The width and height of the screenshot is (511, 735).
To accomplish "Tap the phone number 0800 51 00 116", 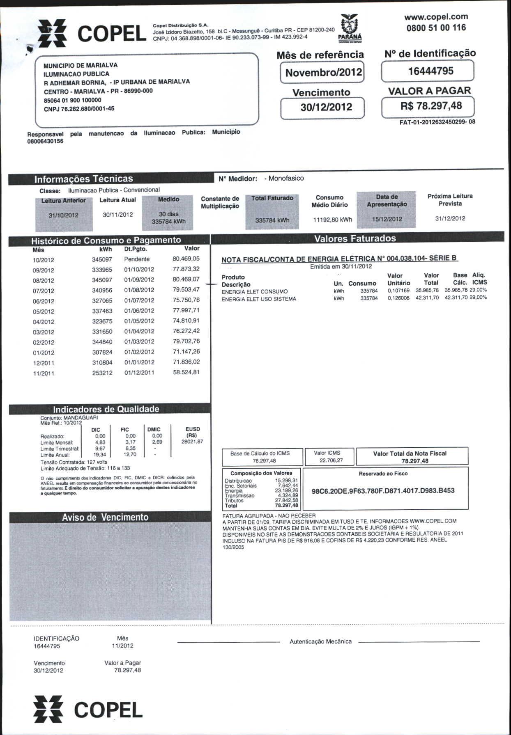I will click(x=436, y=28).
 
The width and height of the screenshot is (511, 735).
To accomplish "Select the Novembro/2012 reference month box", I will click(x=323, y=73).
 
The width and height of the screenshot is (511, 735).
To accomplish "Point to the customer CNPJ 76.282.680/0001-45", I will click(x=79, y=109).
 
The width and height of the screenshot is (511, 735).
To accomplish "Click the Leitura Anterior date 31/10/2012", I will click(x=63, y=215).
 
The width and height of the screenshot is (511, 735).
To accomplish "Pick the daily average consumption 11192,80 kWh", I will click(x=332, y=220).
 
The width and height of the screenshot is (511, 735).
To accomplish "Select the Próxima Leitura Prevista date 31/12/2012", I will click(x=450, y=218).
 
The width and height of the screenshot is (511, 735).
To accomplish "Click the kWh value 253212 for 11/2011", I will click(x=102, y=373).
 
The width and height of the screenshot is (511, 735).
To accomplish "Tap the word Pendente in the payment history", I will click(x=137, y=259).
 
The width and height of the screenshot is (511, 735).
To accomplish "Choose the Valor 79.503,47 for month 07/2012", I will click(x=186, y=290).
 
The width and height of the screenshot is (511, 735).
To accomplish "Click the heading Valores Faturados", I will click(x=355, y=238).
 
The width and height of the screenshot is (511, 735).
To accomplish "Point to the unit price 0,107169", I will click(x=398, y=291).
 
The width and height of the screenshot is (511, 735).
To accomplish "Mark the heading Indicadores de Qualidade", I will click(x=106, y=409).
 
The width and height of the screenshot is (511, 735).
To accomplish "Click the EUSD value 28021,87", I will click(x=192, y=442).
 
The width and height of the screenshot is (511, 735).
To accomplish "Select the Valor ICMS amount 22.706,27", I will click(x=331, y=460).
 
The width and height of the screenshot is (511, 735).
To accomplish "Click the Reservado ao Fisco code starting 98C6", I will click(x=383, y=491).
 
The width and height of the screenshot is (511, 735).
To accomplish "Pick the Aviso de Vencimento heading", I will click(x=105, y=517).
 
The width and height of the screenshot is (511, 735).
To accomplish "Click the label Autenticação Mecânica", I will click(x=320, y=641).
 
